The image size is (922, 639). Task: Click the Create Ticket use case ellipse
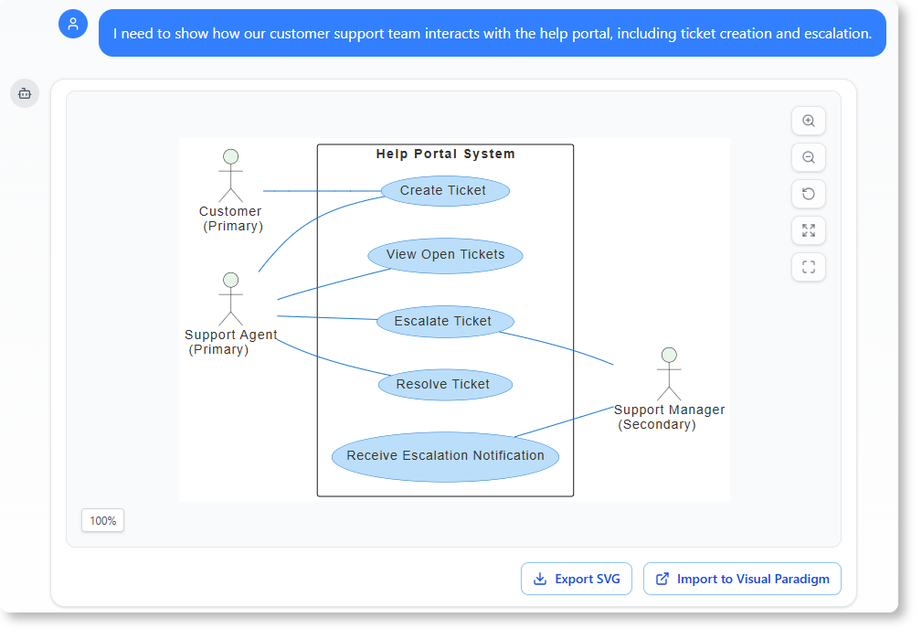(x=443, y=190)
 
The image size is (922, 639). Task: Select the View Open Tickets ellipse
(x=445, y=255)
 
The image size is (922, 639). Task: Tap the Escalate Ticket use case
(x=444, y=322)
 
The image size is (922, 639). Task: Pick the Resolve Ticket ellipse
(x=444, y=385)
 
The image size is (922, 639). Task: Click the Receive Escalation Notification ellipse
(x=445, y=456)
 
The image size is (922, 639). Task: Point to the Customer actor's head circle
(x=230, y=156)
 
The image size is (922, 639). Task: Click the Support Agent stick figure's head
(x=230, y=279)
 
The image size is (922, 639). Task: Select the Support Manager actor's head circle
(x=669, y=355)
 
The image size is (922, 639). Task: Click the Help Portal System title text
(x=445, y=154)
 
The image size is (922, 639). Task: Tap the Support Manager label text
(x=669, y=410)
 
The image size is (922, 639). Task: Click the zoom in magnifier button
(x=808, y=121)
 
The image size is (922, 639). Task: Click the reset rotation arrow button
(x=808, y=194)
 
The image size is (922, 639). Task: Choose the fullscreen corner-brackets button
(x=808, y=267)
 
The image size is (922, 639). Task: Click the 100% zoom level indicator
(x=102, y=520)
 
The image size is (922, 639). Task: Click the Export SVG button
(x=576, y=579)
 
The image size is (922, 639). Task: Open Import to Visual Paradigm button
(x=742, y=579)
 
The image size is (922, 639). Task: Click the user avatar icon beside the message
(x=73, y=24)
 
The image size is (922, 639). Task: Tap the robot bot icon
(x=25, y=93)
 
